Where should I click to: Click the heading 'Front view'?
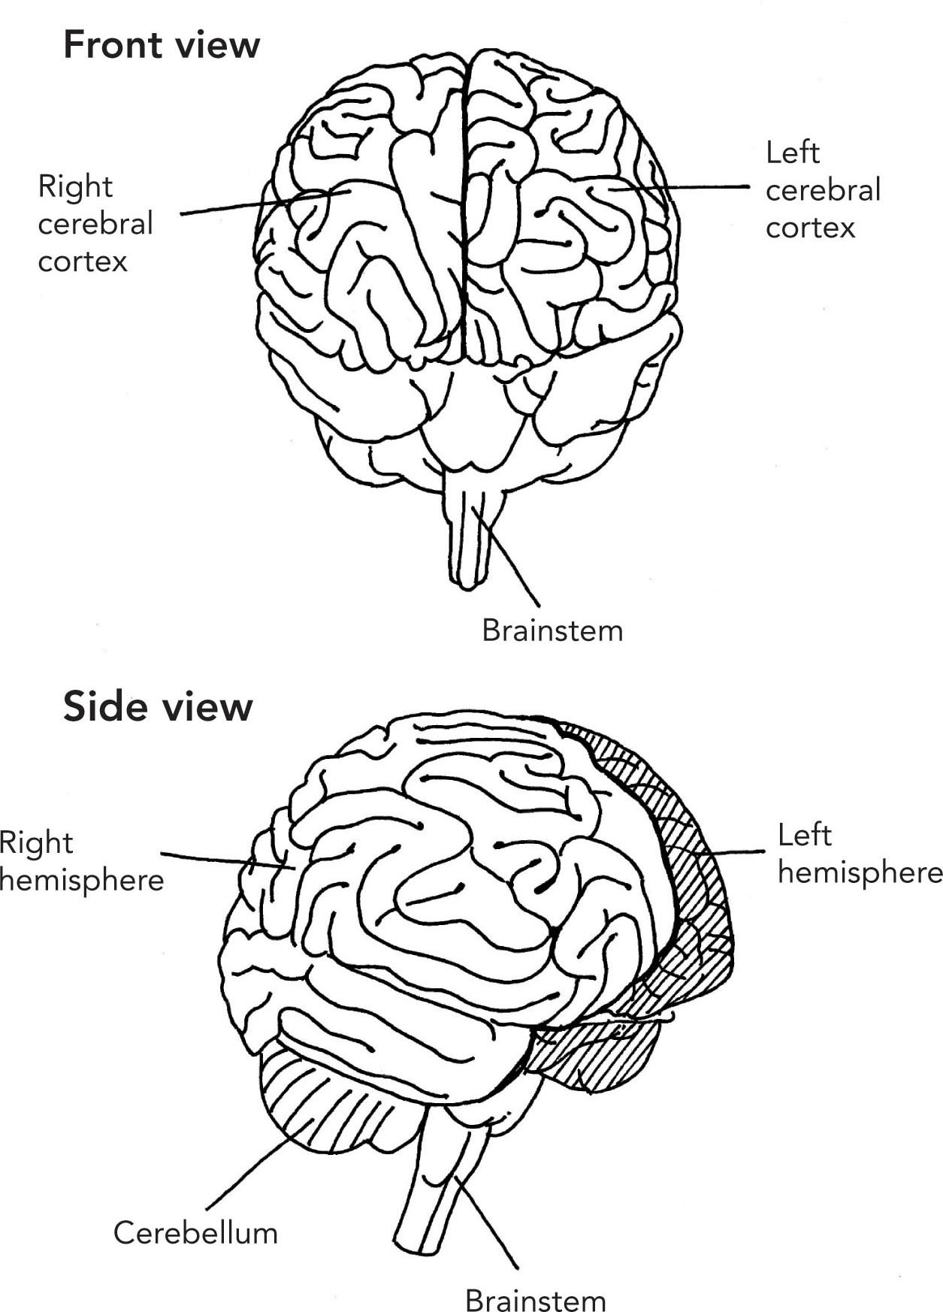tap(162, 45)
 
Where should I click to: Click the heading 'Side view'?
tap(158, 707)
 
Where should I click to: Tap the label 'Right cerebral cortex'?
tap(95, 223)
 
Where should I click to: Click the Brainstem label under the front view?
tap(552, 630)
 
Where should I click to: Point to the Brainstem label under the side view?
tap(535, 1300)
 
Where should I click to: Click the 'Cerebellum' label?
tap(195, 1233)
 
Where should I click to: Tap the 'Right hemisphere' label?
tap(81, 861)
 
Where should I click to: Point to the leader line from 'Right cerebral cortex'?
tap(248, 204)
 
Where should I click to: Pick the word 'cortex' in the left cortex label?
tap(810, 228)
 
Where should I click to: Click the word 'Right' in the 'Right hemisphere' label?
tap(36, 842)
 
